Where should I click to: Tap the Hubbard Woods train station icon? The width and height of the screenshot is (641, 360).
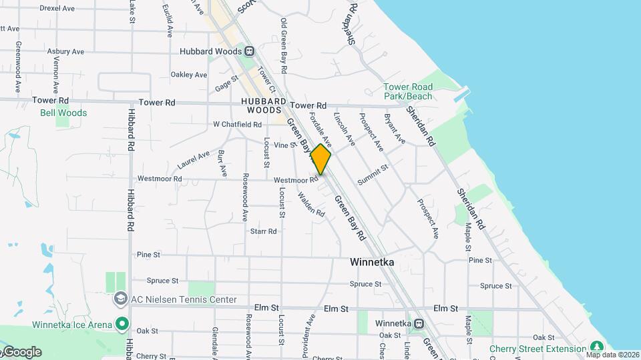250,51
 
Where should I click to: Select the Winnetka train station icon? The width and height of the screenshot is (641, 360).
419,324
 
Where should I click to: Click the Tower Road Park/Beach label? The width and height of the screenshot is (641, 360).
408,91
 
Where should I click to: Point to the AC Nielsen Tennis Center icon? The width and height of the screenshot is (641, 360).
121,299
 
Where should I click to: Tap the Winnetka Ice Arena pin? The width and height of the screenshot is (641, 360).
122,325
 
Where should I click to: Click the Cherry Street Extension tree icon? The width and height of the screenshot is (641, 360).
596,348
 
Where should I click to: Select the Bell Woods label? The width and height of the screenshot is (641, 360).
63,113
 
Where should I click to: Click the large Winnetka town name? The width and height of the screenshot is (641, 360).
372,263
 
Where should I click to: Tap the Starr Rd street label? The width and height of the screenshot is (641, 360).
263,231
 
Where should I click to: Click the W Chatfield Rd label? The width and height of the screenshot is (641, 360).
237,125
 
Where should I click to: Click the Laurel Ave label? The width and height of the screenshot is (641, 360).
194,159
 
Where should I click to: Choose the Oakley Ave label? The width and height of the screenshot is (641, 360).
189,75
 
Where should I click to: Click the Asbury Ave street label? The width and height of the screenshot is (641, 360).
65,51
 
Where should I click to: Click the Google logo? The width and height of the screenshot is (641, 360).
21,352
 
